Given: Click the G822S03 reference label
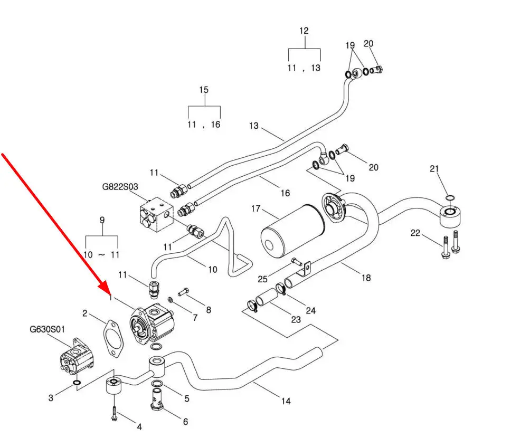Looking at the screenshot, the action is click(x=120, y=187).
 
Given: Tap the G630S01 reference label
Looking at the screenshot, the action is click(x=48, y=329).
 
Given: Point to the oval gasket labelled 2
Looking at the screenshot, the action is click(x=113, y=339).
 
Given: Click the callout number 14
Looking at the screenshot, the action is click(x=286, y=401).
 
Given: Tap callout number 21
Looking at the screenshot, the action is click(x=434, y=169).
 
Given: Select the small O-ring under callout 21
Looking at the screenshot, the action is click(x=450, y=197).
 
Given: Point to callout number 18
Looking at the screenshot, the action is click(x=366, y=278).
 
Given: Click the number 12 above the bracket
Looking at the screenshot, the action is click(x=304, y=31).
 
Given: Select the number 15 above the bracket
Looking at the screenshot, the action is click(x=204, y=90).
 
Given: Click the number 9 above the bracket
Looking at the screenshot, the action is click(x=102, y=220).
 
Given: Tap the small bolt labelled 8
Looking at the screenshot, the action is click(x=184, y=292).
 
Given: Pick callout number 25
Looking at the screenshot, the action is click(x=263, y=279).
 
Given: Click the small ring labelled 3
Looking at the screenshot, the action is click(x=77, y=383).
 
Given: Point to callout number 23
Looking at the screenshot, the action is click(x=296, y=320).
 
